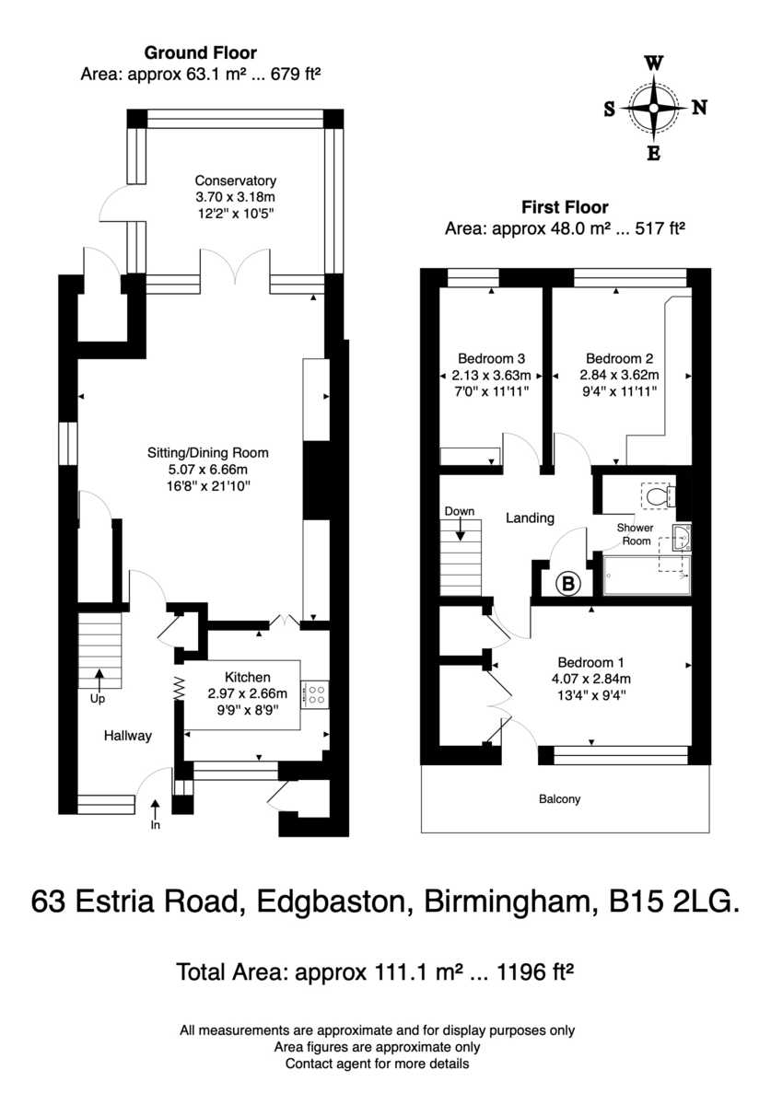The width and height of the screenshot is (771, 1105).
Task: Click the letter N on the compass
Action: pos(699,107)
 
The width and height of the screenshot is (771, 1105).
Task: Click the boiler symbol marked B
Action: pos(568,584)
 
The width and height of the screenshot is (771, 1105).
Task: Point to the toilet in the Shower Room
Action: pos(659,494)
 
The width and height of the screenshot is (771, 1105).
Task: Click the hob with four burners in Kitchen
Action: pos(314,694)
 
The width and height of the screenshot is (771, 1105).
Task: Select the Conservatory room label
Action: pos(236,180)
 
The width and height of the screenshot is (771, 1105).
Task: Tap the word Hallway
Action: pos(127,736)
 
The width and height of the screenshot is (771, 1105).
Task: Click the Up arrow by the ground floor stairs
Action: pos(99,680)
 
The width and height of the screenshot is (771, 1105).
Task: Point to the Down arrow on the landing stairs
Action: pos(460,529)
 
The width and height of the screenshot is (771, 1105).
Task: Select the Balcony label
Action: pos(559,798)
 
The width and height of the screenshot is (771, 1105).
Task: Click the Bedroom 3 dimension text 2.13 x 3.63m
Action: pos(491,376)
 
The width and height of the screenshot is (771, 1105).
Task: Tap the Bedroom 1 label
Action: pos(590,662)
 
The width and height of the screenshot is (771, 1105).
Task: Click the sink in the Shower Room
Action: pos(683,537)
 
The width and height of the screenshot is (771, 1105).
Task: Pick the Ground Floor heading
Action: pos(201,52)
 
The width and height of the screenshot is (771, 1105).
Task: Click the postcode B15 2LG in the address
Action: pos(674,901)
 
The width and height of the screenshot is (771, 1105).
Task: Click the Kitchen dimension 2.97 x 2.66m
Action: pos(247,693)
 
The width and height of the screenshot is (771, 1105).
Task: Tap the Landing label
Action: pos(531,518)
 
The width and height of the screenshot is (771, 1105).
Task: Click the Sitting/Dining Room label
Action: pos(208,453)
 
